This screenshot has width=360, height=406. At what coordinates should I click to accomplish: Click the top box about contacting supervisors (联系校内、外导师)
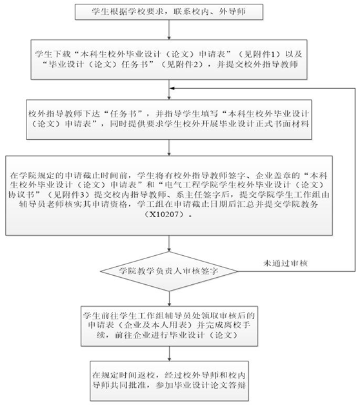point(169,12)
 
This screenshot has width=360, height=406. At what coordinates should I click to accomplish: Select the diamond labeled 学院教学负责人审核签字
point(169,271)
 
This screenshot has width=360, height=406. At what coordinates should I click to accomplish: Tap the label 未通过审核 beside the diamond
point(285,264)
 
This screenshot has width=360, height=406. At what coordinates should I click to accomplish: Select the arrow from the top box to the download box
point(169,30)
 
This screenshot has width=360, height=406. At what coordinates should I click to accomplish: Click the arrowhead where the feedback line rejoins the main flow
point(172,88)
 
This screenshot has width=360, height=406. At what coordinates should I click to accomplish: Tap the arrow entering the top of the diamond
point(169,244)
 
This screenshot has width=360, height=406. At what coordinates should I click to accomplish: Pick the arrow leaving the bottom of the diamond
point(169,298)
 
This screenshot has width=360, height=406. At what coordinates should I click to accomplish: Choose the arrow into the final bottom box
point(169,354)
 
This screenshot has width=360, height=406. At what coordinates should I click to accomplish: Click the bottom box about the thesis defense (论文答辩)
point(169,381)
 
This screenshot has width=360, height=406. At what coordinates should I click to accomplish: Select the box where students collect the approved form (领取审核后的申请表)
point(169,326)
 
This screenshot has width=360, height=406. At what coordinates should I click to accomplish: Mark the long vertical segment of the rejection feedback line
point(355,180)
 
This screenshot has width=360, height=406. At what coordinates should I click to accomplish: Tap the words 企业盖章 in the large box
point(274,176)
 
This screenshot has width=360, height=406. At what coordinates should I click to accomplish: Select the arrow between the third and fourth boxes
point(169,148)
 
